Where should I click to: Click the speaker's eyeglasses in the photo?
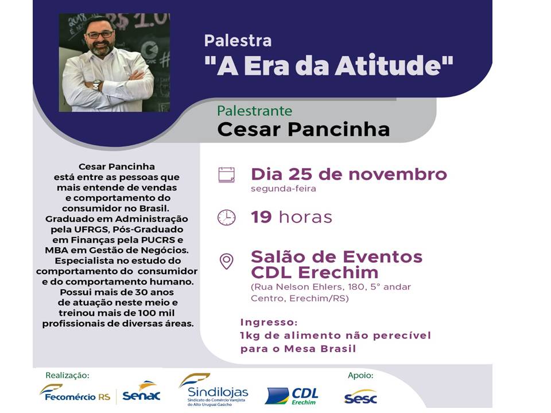pyautogui.click(x=100, y=35)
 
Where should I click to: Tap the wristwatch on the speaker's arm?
pyautogui.click(x=96, y=85)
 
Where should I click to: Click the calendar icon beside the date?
pyautogui.click(x=226, y=175)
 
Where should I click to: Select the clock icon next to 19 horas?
pyautogui.click(x=226, y=217)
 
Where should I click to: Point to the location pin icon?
pyautogui.click(x=226, y=261)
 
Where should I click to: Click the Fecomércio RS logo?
pyautogui.click(x=75, y=393)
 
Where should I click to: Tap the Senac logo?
pyautogui.click(x=141, y=391)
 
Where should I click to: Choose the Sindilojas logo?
pyautogui.click(x=214, y=390)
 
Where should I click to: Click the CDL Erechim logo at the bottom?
pyautogui.click(x=292, y=396)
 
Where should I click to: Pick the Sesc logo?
pyautogui.click(x=360, y=396)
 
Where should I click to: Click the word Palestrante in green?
pyautogui.click(x=254, y=111)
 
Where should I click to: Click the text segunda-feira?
pyautogui.click(x=283, y=189)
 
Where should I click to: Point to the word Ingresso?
pyautogui.click(x=269, y=322)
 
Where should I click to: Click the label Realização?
pyautogui.click(x=67, y=375)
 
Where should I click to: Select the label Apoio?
pyautogui.click(x=360, y=376)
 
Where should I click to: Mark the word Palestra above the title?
pyautogui.click(x=238, y=40)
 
